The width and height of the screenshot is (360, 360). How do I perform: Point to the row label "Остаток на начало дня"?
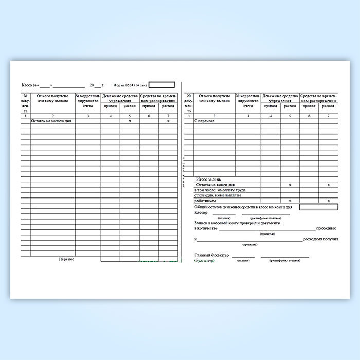click(x=51, y=121)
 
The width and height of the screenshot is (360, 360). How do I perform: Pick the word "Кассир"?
click(x=202, y=212)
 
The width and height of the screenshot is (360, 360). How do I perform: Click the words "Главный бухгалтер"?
click(x=210, y=255)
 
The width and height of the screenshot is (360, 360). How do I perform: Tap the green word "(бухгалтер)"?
click(x=205, y=261)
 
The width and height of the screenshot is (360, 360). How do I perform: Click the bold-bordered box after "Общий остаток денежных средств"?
click(x=318, y=207)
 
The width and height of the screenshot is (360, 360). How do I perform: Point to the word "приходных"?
click(x=327, y=228)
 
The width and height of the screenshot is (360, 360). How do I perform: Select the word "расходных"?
click(x=314, y=240)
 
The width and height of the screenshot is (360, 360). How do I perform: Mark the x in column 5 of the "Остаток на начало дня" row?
click(x=130, y=121)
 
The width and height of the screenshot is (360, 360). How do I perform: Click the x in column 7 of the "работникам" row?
click(x=328, y=201)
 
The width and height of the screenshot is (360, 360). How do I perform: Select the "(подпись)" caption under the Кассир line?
click(x=224, y=218)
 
